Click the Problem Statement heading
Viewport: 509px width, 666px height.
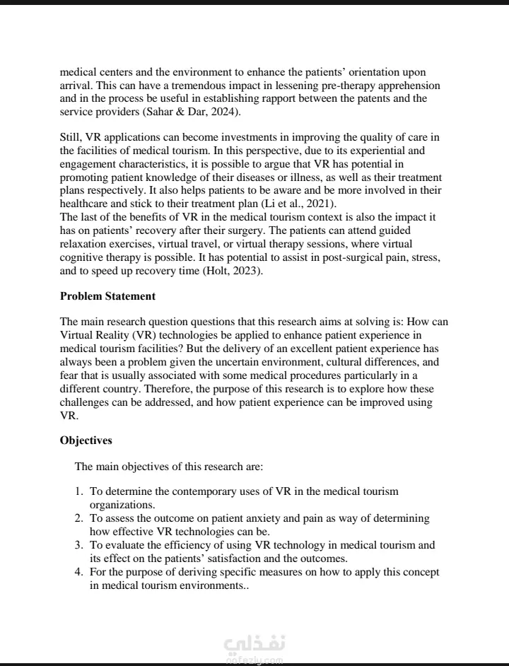[107, 296]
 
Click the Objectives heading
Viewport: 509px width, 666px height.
[86, 440]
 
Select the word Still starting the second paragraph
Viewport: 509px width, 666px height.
[71, 136]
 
